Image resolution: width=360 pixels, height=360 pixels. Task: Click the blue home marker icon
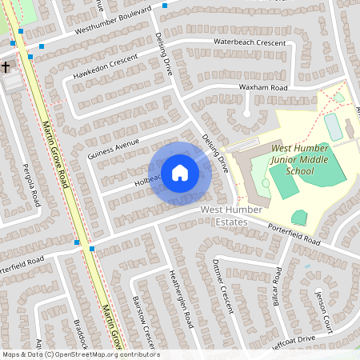180,172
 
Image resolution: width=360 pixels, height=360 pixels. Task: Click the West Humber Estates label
226,214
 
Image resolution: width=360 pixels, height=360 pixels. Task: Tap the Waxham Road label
262,87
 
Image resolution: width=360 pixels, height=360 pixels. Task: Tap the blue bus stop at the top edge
165,6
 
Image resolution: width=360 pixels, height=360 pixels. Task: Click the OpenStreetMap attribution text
80,354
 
